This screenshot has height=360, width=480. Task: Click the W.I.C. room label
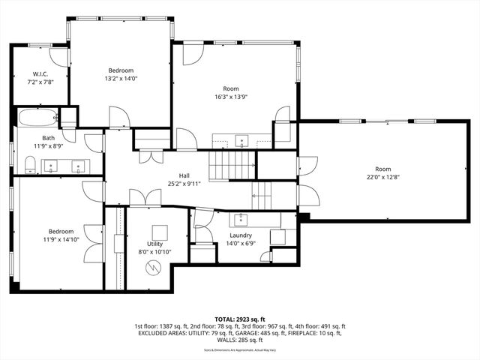pyautogui.click(x=40, y=73)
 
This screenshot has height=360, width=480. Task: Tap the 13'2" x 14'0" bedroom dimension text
pyautogui.click(x=121, y=78)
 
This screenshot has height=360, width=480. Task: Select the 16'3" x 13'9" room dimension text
pyautogui.click(x=230, y=96)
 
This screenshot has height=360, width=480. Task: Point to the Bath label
pyautogui.click(x=49, y=137)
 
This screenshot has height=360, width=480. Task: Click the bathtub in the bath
pyautogui.click(x=37, y=118)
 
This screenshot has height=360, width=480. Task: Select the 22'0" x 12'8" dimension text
pyautogui.click(x=383, y=177)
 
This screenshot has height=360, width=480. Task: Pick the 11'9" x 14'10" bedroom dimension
pyautogui.click(x=61, y=241)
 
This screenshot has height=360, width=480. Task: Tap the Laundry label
pyautogui.click(x=240, y=235)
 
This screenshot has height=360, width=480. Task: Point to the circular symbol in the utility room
pyautogui.click(x=155, y=267)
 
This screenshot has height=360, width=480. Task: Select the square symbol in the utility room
pyautogui.click(x=159, y=232)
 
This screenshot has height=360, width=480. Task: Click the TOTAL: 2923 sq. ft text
pyautogui.click(x=240, y=319)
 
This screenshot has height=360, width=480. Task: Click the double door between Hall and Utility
pyautogui.click(x=145, y=198)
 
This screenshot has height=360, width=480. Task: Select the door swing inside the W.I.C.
pyautogui.click(x=58, y=57)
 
